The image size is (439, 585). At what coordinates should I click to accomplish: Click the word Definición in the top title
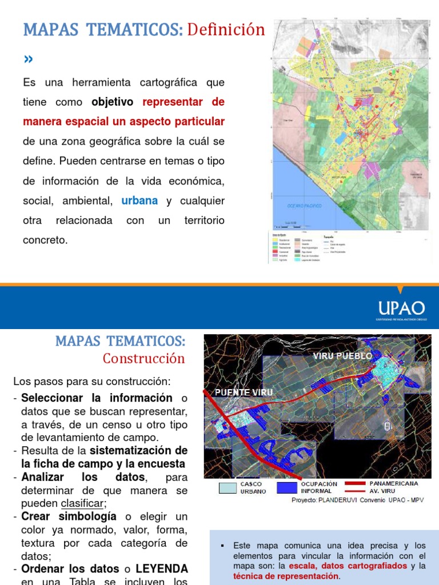[x=226, y=30]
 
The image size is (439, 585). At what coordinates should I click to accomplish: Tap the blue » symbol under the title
[x=28, y=59]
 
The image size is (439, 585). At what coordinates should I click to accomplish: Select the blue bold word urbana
[x=139, y=201]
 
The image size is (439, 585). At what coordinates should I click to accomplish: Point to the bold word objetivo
[x=112, y=102]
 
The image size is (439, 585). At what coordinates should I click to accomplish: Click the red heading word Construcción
[x=144, y=359]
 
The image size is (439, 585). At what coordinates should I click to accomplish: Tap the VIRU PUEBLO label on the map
[x=342, y=356]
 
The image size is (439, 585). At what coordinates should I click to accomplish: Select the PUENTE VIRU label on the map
[x=243, y=392]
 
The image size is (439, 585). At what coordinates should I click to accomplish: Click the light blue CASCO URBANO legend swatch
[x=227, y=487]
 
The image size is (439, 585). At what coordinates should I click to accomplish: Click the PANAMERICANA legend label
[x=393, y=483]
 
